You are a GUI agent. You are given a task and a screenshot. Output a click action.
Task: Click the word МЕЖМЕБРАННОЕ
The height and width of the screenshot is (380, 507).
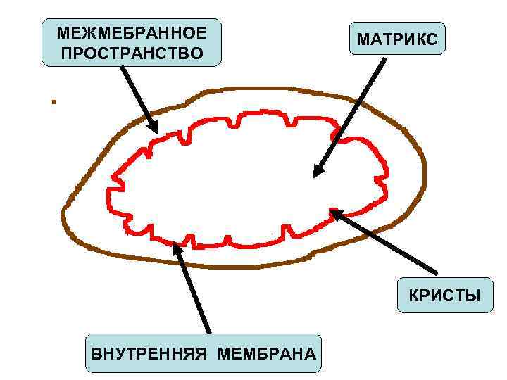[132, 34]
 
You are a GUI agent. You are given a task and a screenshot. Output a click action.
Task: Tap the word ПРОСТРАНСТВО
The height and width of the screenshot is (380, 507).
[132, 53]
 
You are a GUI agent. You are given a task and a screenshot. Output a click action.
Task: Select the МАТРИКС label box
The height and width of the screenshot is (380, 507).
[397, 39]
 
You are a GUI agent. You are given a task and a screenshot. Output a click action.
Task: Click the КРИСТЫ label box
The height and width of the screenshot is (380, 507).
[444, 296]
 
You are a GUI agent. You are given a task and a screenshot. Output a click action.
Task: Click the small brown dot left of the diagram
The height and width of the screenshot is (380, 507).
[53, 102]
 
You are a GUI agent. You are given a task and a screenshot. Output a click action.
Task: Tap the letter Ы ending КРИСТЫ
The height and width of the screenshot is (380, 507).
[472, 296]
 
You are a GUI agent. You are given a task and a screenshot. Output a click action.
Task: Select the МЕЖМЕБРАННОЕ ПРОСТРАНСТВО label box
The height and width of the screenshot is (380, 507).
[132, 43]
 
